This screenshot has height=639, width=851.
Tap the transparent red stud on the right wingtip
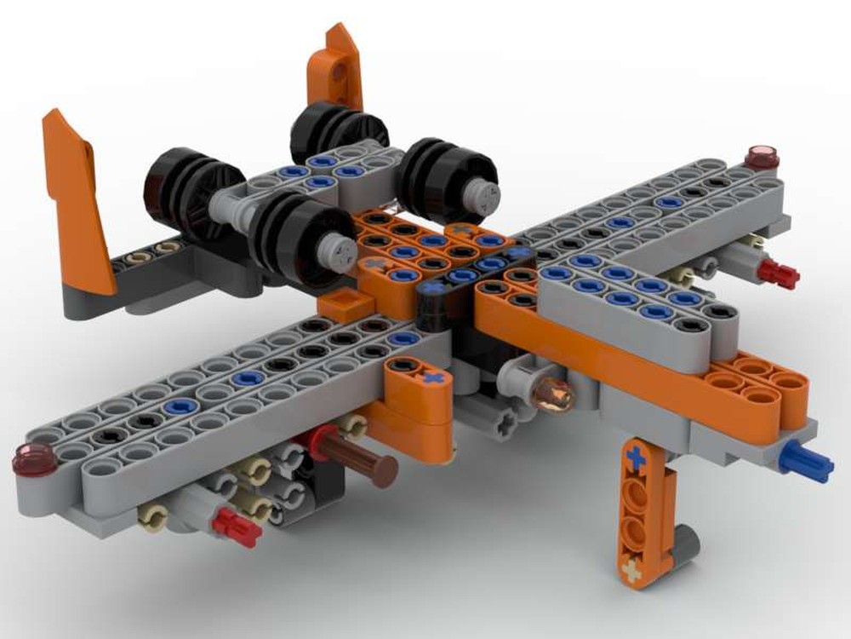click(x=762, y=157)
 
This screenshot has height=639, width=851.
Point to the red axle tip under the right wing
click(x=779, y=273)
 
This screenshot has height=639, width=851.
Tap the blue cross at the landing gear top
click(x=635, y=458)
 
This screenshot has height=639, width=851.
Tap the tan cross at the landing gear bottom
click(x=631, y=570)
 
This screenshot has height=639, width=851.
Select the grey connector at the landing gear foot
click(x=683, y=544)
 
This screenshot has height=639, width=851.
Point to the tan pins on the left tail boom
click(x=153, y=250)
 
